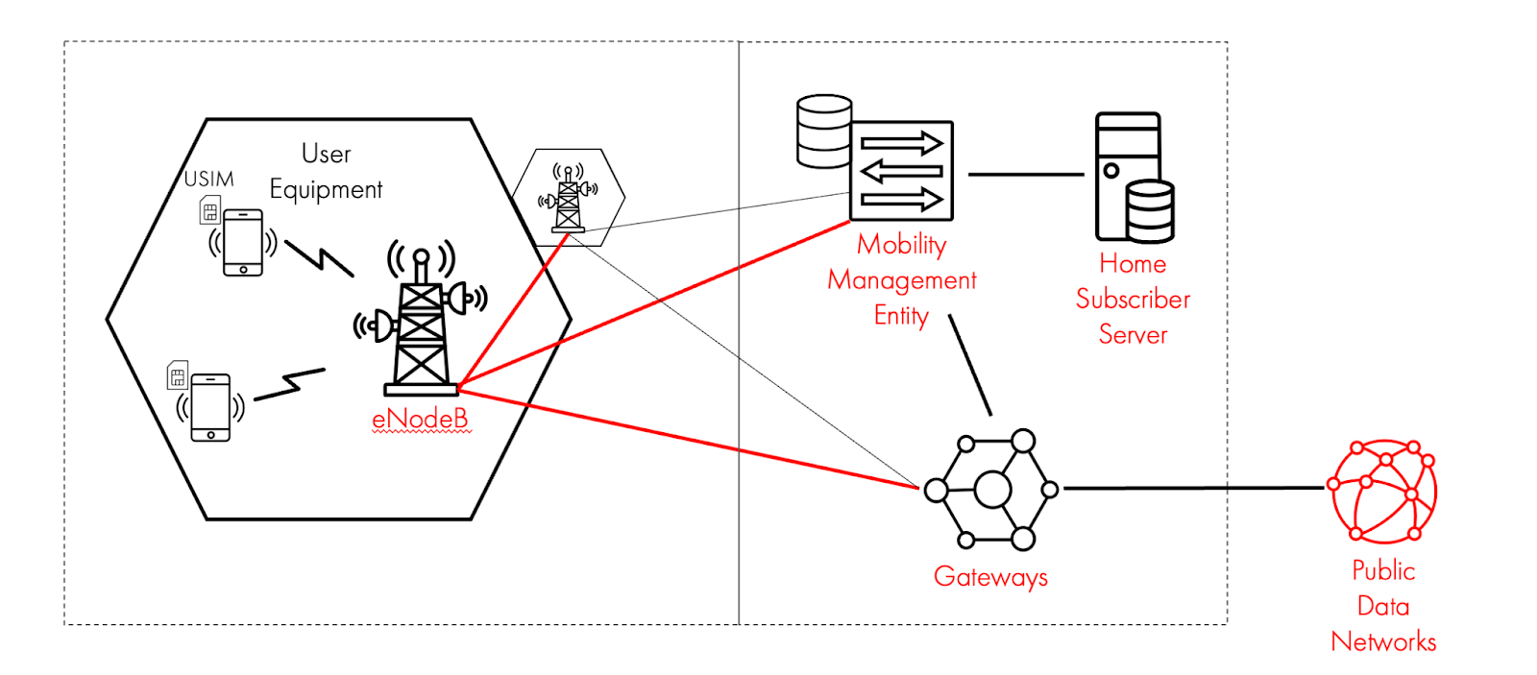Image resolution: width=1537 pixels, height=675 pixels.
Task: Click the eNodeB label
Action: [x=420, y=420]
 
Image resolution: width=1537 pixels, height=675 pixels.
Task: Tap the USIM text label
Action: [x=208, y=180]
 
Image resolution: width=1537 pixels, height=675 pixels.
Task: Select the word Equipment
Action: [x=326, y=190]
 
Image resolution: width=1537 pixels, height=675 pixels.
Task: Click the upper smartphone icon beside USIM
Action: [x=243, y=242]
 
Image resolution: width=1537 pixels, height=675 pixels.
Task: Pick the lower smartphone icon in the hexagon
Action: [x=210, y=407]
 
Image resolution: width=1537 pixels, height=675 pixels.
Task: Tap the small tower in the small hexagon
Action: [x=568, y=200]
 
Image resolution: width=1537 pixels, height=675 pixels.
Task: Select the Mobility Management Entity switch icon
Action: [x=900, y=171]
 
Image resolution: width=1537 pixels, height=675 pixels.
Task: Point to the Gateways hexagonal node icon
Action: [x=991, y=490]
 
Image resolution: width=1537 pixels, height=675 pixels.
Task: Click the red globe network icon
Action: [x=1382, y=491]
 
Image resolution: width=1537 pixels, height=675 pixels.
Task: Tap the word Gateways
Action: [x=990, y=577]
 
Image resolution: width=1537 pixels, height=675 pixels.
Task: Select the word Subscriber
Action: [x=1133, y=300]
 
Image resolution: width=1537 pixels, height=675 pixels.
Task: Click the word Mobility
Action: [x=901, y=245]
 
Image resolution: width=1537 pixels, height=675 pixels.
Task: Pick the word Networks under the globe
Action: [x=1383, y=641]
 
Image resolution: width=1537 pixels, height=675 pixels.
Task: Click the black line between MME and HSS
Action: [x=1025, y=175]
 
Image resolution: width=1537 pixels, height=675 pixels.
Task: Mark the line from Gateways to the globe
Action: [x=1191, y=489]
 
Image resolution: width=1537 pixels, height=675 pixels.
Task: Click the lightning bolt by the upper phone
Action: [x=319, y=258]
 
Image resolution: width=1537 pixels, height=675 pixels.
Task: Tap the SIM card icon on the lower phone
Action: [x=178, y=375]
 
